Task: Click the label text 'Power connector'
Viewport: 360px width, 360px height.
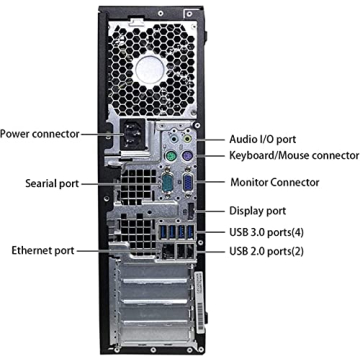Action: [x=41, y=132]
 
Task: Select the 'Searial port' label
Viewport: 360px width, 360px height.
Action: [x=46, y=184]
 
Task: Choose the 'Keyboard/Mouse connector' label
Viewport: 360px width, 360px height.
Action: [x=293, y=155]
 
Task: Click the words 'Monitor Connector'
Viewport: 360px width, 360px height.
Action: [x=274, y=182]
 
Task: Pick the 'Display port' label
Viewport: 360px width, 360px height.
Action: [x=257, y=211]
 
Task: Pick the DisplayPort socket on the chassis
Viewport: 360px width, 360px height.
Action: [x=191, y=212]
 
